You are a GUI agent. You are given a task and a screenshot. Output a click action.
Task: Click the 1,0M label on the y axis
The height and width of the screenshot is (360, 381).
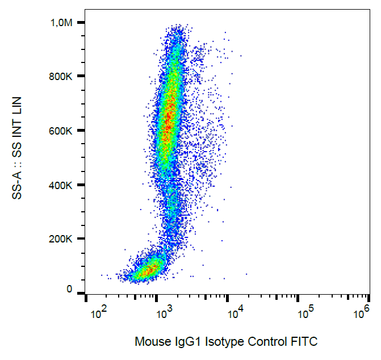(x=61, y=22)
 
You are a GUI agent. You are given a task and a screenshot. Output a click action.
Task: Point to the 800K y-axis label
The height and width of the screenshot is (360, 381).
(x=61, y=77)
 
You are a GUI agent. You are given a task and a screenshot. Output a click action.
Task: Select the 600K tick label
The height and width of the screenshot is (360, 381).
(x=61, y=131)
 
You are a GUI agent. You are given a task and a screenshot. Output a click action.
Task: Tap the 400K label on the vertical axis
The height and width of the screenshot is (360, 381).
(x=61, y=185)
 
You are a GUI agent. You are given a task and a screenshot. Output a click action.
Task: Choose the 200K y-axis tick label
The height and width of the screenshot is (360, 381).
(x=61, y=239)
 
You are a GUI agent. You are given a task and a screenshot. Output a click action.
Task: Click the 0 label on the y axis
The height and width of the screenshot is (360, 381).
(x=69, y=290)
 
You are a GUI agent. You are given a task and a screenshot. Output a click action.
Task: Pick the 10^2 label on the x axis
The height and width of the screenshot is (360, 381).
(x=99, y=312)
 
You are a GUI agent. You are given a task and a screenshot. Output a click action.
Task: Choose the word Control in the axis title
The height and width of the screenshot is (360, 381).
(x=266, y=342)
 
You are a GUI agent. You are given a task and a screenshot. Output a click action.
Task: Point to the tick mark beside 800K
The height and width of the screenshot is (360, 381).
(x=81, y=77)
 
